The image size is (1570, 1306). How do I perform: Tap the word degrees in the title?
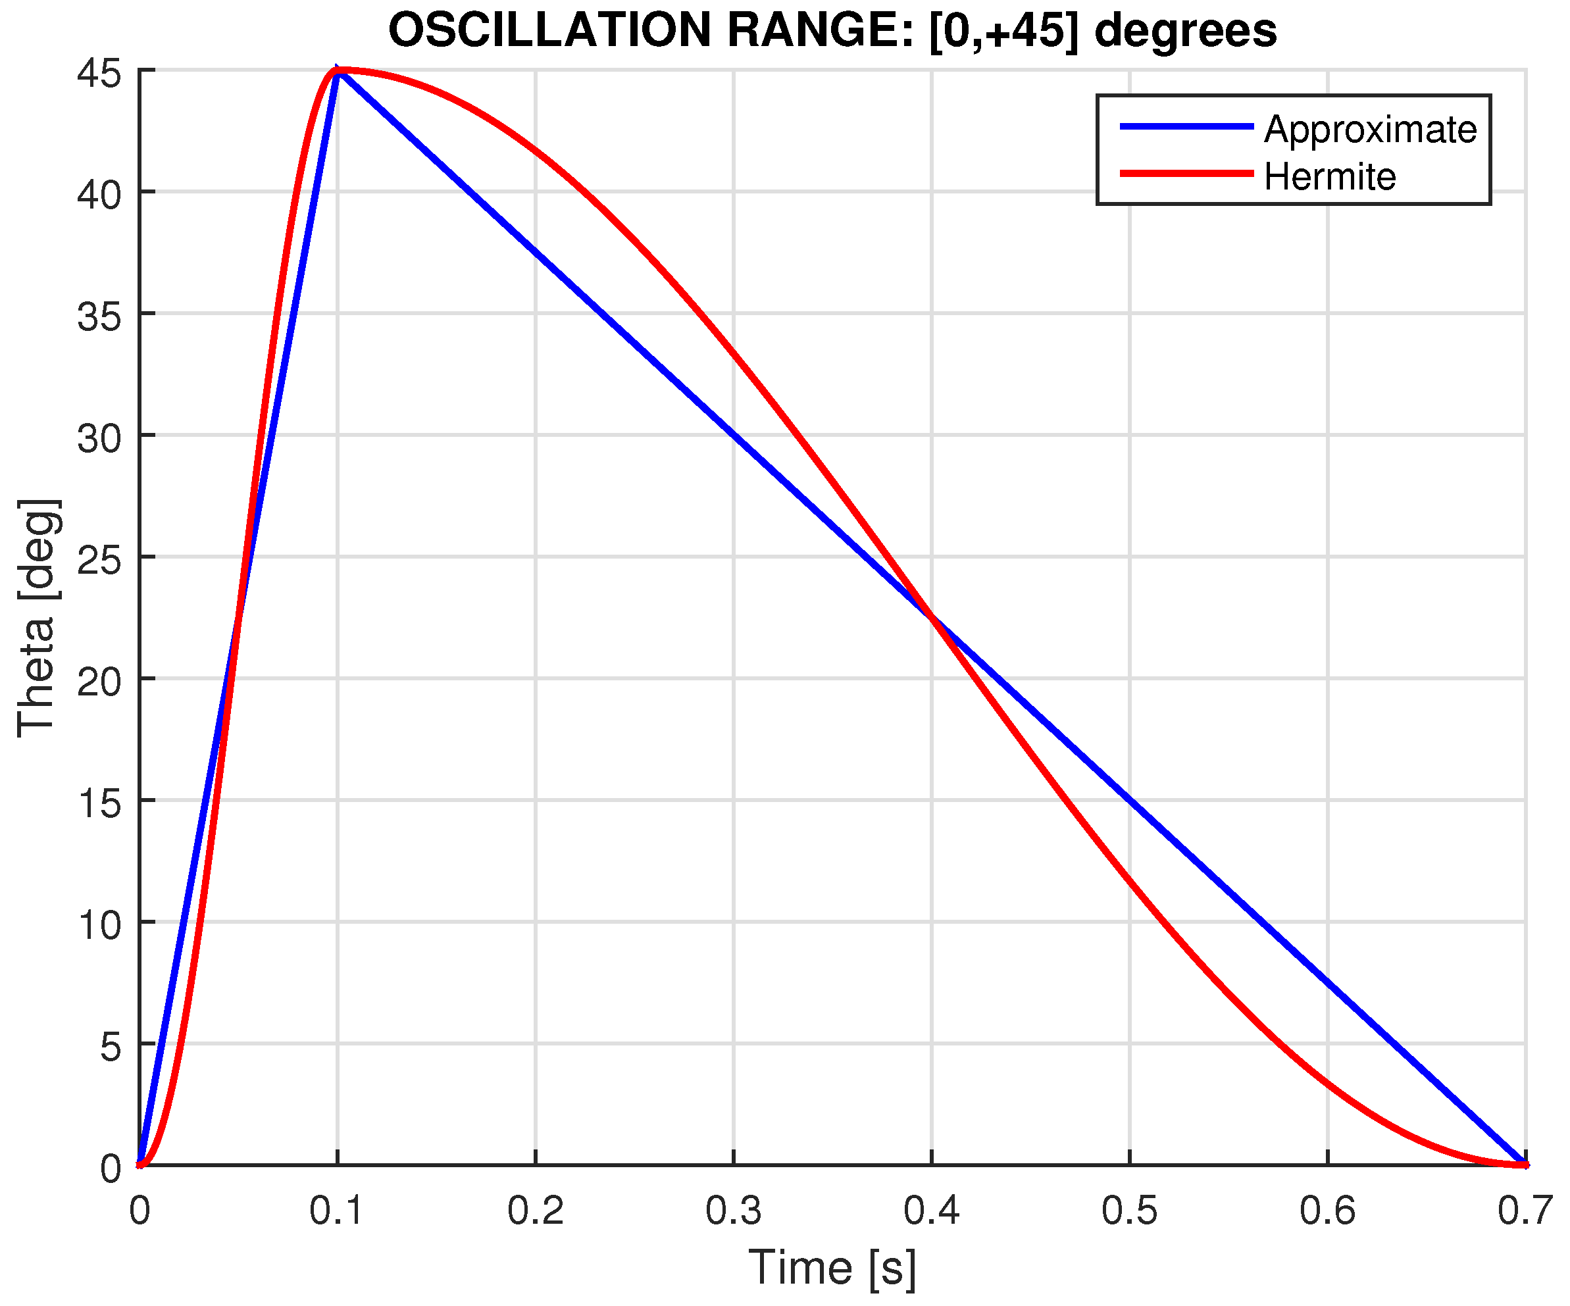1185,32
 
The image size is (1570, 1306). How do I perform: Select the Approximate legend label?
1370,130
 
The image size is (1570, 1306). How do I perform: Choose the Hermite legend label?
1329,177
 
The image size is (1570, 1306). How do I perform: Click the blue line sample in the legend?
1186,127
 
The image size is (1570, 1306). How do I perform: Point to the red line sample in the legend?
1186,174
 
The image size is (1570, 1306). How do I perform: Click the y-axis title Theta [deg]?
38,616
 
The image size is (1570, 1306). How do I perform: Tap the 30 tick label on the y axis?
99,438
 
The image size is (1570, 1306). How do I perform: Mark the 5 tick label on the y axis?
110,1047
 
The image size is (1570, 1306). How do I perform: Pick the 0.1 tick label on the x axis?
336,1209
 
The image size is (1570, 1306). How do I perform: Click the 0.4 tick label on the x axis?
931,1209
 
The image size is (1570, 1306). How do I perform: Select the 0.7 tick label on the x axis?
1525,1209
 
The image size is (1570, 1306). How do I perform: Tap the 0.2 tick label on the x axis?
536,1209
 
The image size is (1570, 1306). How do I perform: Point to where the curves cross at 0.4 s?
932,618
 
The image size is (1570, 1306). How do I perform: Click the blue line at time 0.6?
1328,982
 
